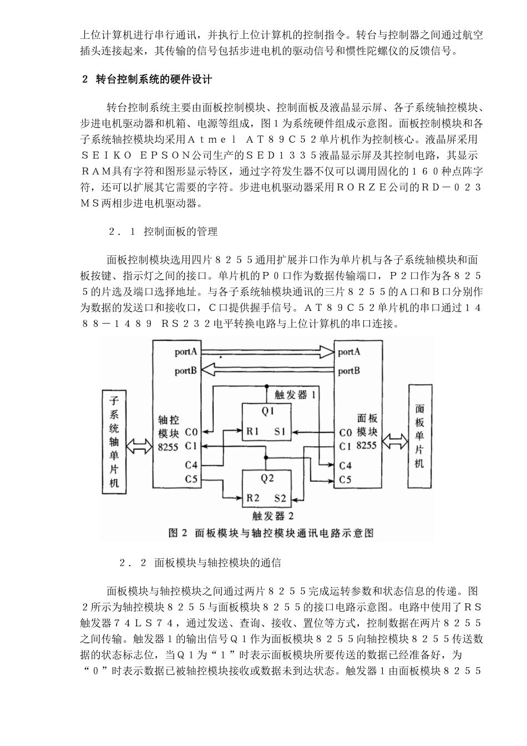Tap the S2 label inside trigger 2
(280, 498)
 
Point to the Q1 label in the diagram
(268, 411)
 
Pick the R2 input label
(253, 498)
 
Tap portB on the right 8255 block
(349, 371)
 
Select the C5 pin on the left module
(191, 478)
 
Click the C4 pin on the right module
(345, 466)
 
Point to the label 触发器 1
(295, 395)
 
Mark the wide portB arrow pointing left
(266, 368)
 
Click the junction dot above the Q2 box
(267, 458)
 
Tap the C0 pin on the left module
(191, 431)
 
